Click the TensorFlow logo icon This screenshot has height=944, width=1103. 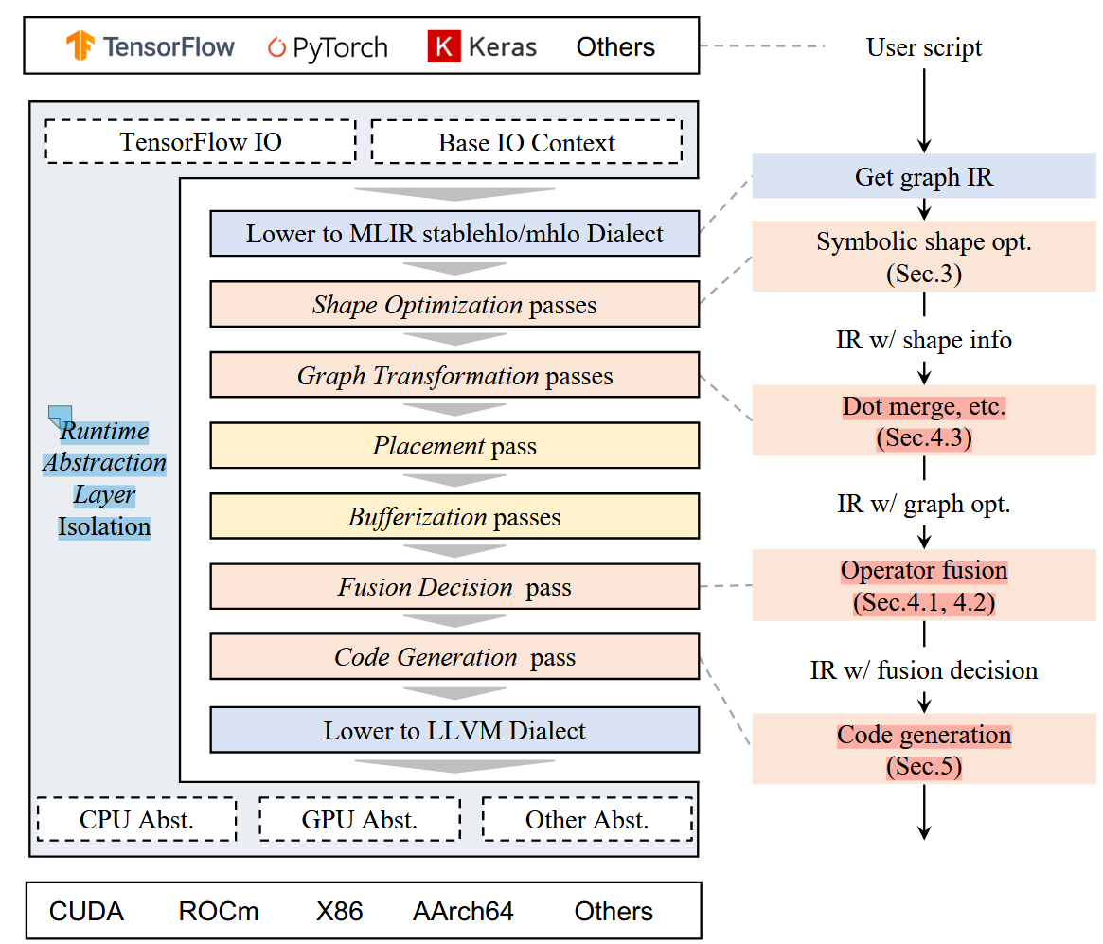coord(80,46)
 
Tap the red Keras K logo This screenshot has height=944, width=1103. coord(442,46)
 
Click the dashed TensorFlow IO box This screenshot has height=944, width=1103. coord(200,142)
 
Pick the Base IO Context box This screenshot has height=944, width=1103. coord(525,143)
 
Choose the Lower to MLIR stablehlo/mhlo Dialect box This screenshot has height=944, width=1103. coord(454,234)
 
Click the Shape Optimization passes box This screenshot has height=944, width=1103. coord(454,305)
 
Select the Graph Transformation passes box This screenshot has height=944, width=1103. coord(454,376)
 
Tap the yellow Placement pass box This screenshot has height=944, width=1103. coord(454,446)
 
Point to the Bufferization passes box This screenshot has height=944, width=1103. coord(454,517)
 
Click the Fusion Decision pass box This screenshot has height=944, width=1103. coord(454,587)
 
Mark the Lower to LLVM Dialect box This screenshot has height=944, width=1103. coord(454,731)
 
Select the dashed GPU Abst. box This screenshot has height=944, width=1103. coord(359,819)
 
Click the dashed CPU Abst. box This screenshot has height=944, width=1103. coord(136,819)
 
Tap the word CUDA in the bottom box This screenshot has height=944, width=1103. coord(86,912)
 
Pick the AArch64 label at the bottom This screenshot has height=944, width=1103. coord(463,912)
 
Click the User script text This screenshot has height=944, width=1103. coord(924,47)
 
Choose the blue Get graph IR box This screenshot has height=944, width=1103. coord(924,177)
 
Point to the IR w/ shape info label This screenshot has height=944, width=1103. coord(924,340)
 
